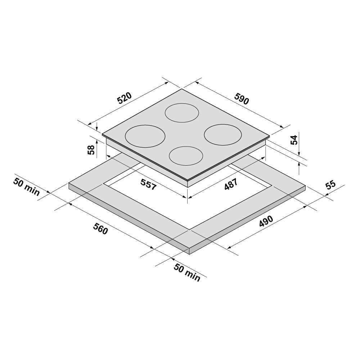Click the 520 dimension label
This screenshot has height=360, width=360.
click(125, 99)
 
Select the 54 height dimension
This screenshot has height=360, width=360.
click(294, 140)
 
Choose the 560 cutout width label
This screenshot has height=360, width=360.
click(100, 229)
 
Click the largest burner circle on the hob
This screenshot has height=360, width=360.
click(145, 136)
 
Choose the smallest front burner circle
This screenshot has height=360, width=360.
click(185, 156)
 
